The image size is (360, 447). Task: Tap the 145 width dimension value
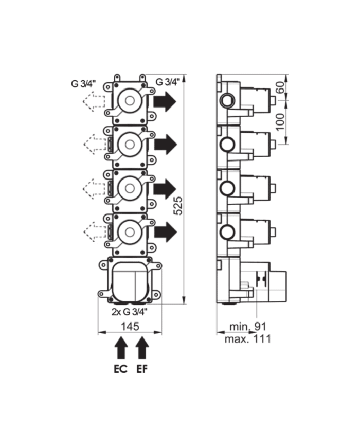pos(129,326)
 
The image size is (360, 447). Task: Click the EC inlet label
pos(121,369)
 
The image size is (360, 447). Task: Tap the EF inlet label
pos(142,369)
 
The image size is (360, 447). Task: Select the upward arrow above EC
pos(121,349)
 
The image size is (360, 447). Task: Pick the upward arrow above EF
pos(142,349)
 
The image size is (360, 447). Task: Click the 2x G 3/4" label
pos(130,311)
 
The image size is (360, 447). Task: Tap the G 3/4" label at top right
pos(167,82)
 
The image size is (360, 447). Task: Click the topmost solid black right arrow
pos(165,102)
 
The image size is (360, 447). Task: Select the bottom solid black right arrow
pos(165,232)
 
